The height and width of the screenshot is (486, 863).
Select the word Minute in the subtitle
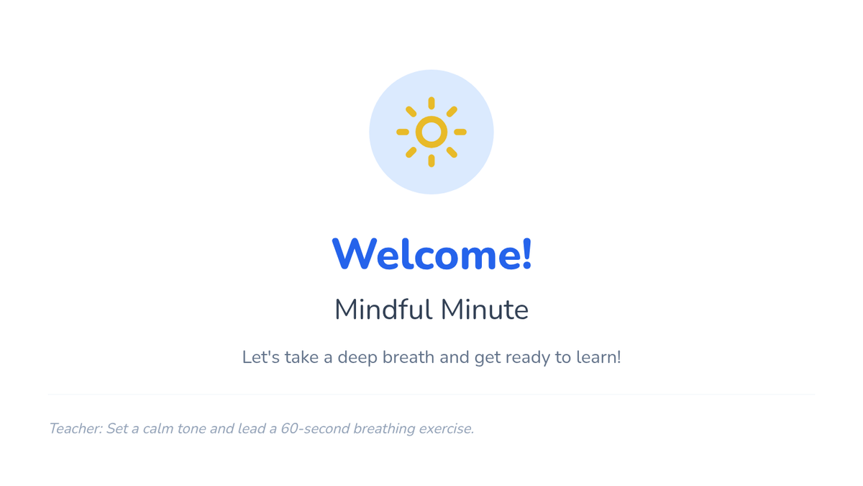click(x=485, y=310)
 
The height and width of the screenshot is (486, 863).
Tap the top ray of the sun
click(x=431, y=103)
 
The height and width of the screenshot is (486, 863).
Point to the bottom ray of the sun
click(x=431, y=161)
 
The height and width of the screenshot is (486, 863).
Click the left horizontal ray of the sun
click(x=403, y=132)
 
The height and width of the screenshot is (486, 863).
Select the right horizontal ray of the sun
click(x=460, y=132)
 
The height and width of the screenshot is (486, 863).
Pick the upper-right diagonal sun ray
click(x=452, y=112)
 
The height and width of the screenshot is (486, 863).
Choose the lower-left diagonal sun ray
click(x=411, y=153)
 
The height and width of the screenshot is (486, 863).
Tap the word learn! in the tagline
click(x=598, y=357)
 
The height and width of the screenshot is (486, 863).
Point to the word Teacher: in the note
click(x=76, y=428)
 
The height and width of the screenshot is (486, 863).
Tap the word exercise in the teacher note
click(x=446, y=428)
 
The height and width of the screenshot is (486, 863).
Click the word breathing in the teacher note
click(x=384, y=429)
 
